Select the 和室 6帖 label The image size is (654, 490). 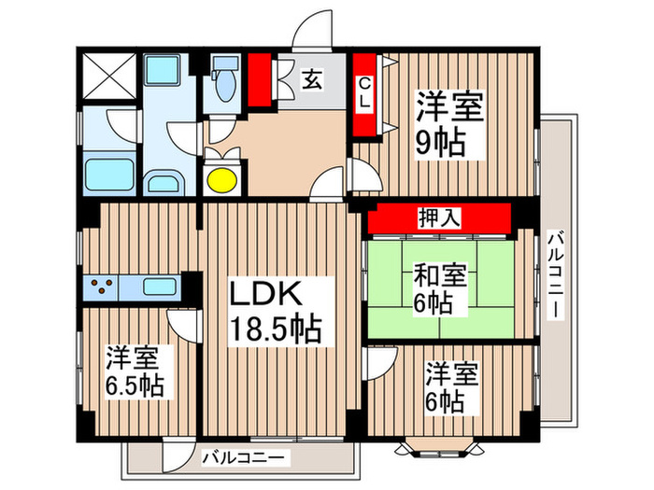pos(439,288)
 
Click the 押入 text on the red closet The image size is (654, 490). pos(438,218)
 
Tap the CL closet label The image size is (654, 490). pos(364,94)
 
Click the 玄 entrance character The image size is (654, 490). pos(310,80)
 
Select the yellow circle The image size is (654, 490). pos(221,177)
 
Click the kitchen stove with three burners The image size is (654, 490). pos(106,287)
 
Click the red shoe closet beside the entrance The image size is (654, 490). pos(260,81)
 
